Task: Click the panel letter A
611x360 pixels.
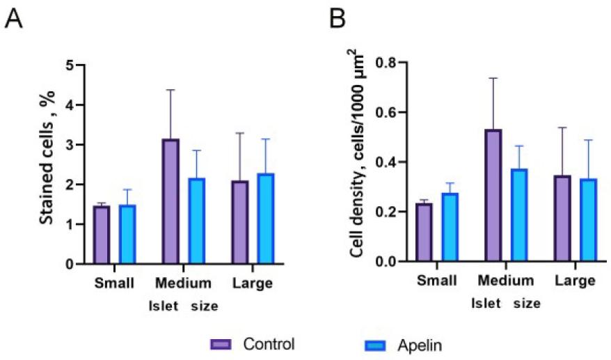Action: (x=14, y=19)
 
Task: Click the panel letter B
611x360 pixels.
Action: (x=338, y=19)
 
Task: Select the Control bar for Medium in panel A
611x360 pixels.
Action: (x=170, y=201)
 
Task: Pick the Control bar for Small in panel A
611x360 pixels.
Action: (x=102, y=235)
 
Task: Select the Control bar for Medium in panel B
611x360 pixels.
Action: (x=495, y=195)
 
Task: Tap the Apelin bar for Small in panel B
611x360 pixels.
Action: (x=451, y=227)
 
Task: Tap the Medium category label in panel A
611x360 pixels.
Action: (x=184, y=283)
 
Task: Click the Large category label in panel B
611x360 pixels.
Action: (x=576, y=281)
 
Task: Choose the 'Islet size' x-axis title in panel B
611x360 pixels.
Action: (x=506, y=303)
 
